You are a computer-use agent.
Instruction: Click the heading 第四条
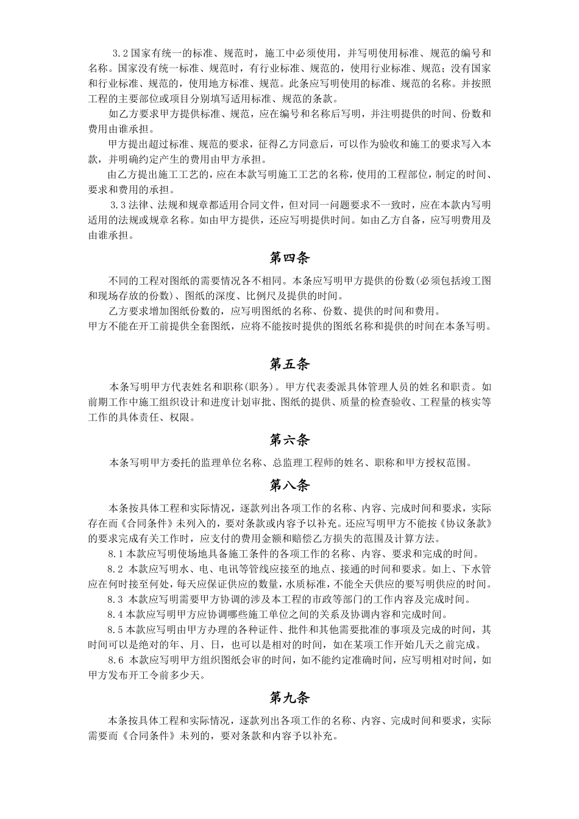coord(289,258)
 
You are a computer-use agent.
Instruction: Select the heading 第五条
coord(289,364)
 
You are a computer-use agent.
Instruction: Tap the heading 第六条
coord(289,440)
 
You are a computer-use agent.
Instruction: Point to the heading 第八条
coord(289,485)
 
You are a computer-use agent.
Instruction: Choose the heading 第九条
coord(289,698)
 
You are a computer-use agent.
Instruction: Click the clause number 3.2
coord(121,54)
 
